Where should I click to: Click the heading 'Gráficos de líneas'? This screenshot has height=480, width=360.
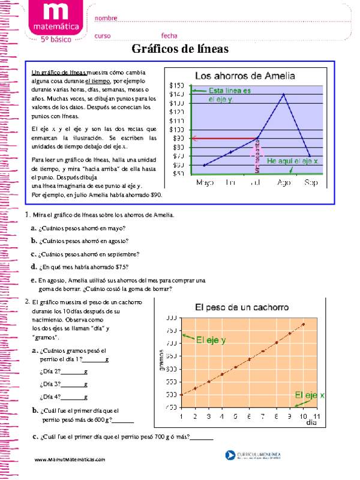tap(180, 49)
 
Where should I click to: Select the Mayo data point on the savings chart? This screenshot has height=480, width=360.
tap(205, 165)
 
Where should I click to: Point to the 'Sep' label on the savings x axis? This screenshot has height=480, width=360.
tap(311, 182)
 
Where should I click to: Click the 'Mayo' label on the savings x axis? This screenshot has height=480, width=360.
tap(205, 182)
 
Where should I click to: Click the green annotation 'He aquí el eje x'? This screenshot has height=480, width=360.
tap(292, 161)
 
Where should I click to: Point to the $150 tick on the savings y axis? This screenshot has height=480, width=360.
tap(176, 85)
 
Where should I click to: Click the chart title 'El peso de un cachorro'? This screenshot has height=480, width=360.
tap(242, 307)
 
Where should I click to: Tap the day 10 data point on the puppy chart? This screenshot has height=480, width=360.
tap(303, 325)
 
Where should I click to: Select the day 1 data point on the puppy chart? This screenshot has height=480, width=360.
tap(195, 388)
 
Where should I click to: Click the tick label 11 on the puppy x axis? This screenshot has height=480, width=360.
tap(317, 416)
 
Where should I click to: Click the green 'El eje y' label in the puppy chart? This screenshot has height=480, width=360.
tap(211, 340)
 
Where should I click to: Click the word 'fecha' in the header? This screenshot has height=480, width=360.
tap(169, 35)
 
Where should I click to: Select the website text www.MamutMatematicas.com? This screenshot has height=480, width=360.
tap(70, 459)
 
